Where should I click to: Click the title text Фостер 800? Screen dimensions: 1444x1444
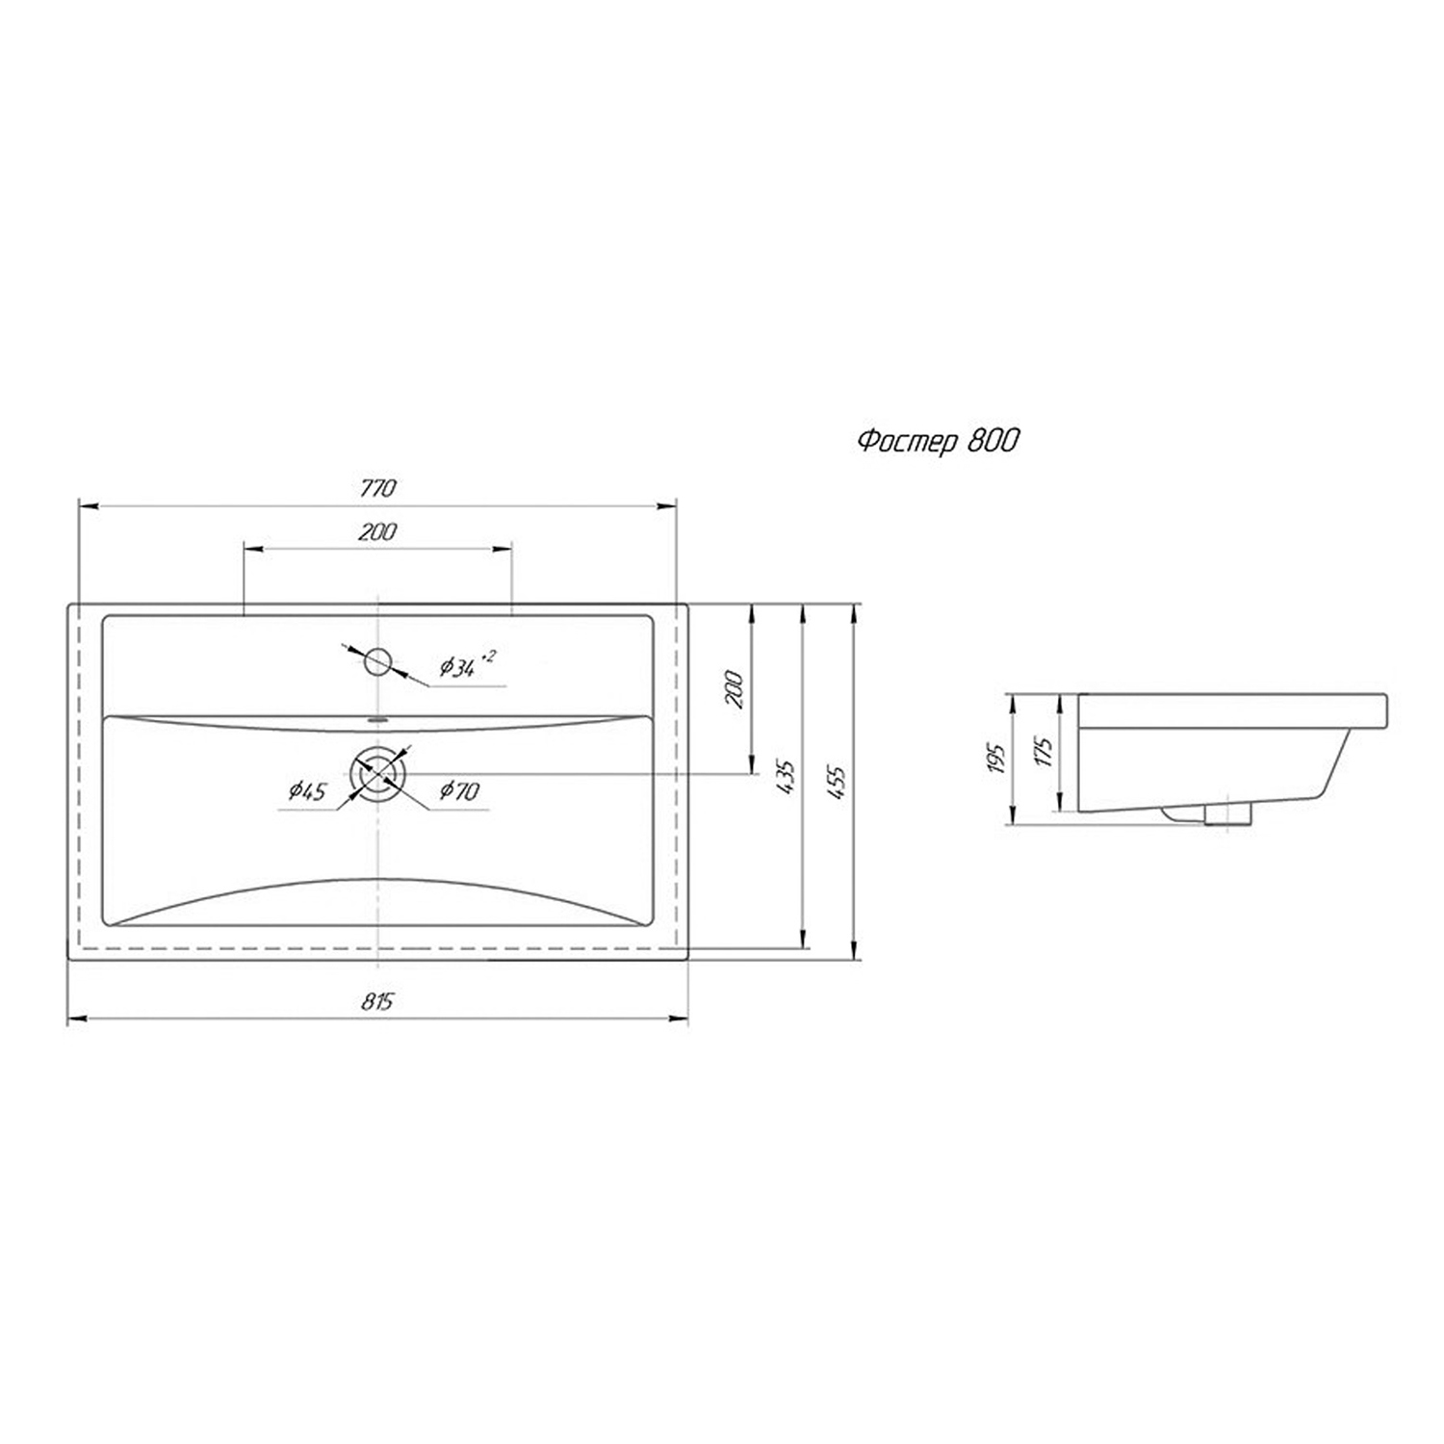937,441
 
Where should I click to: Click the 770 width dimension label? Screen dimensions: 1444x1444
377,488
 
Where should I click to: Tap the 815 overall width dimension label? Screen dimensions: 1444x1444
377,1001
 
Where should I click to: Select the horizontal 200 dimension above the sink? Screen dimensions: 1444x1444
377,531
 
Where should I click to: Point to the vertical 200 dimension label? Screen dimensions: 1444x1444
735,689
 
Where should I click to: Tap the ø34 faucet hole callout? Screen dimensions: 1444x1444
467,664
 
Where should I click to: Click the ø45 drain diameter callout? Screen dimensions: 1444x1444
308,792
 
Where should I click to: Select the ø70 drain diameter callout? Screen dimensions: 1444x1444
459,791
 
